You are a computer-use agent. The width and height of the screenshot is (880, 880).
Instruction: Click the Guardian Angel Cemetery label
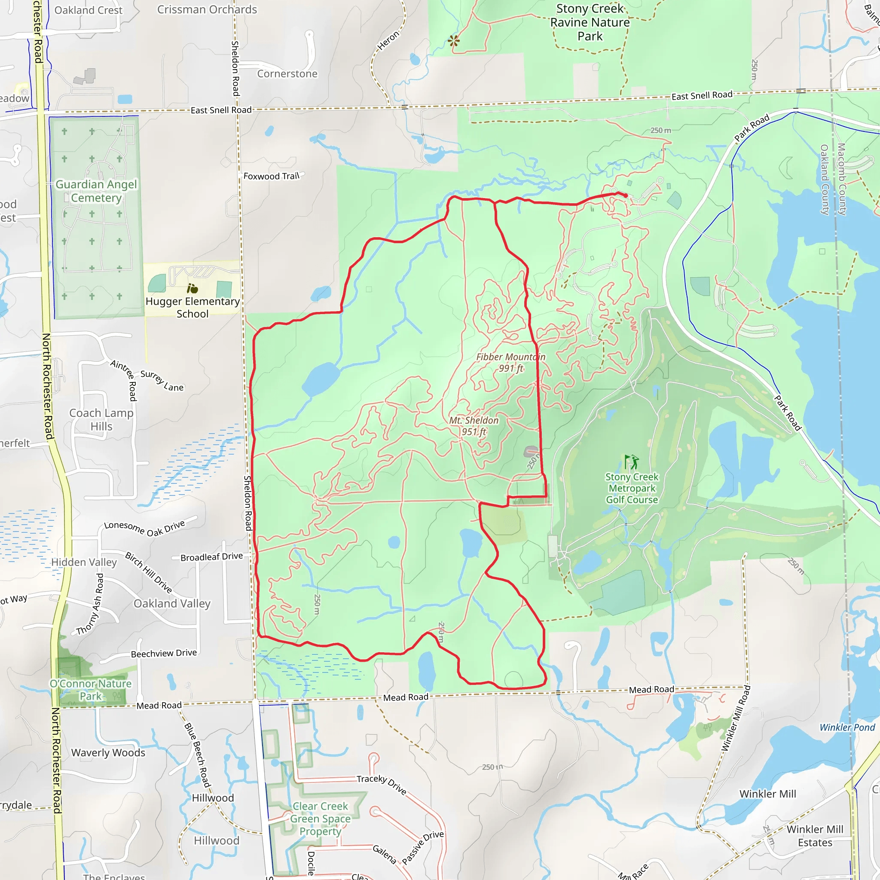96,191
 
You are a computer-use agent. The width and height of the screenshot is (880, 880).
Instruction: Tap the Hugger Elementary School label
192,308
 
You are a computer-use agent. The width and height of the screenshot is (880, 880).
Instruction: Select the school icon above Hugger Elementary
192,288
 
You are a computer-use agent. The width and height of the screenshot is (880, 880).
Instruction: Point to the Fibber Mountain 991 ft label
510,363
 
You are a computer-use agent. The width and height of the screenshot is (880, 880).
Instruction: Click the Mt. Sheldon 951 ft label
474,426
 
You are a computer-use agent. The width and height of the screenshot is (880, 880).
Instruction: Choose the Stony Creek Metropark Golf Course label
632,488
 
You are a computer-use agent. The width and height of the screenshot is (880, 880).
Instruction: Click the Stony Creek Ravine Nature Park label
590,22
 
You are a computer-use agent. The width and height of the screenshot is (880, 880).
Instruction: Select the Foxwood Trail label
272,176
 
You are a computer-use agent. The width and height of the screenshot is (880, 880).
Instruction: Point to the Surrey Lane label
162,381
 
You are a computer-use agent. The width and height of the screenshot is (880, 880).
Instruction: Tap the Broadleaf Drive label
211,556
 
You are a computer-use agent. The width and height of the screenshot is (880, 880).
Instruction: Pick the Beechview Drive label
164,653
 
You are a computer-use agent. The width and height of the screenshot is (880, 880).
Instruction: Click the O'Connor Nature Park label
91,690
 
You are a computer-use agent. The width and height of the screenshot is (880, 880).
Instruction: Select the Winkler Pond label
847,727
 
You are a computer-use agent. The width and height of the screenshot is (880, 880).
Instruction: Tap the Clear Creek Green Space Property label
320,819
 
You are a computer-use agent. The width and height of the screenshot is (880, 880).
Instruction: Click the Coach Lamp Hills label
101,419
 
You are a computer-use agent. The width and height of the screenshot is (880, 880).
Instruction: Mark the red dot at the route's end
626,196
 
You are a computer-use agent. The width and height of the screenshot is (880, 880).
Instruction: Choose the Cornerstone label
287,74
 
